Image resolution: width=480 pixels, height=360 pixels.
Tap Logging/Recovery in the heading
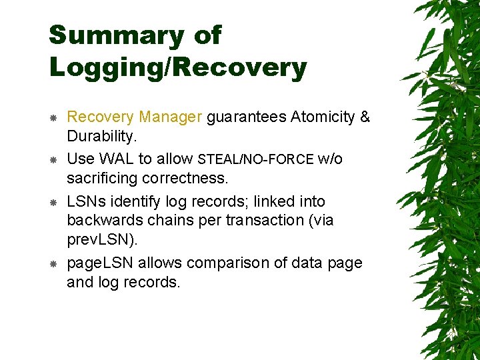[x=177, y=67]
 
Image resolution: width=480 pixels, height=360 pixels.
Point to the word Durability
[x=101, y=137]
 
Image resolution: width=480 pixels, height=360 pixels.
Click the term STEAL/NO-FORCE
[x=256, y=159]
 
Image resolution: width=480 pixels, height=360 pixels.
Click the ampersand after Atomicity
[x=364, y=117]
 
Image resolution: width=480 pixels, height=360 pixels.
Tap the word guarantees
[x=247, y=117]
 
